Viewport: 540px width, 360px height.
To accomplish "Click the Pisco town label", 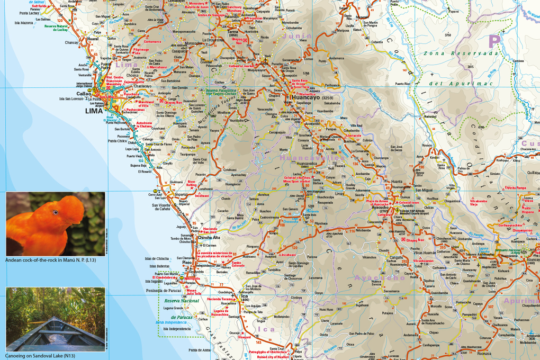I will [186, 262].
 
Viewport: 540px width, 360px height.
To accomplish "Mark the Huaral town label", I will [93, 39].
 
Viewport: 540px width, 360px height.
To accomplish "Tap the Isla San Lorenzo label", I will [71, 99].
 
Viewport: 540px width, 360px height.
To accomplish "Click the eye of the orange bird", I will [56, 212].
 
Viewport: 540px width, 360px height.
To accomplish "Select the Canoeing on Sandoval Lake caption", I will [40, 356].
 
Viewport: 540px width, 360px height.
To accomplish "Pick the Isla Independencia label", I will [177, 329].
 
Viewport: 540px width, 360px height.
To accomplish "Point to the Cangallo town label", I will [397, 258].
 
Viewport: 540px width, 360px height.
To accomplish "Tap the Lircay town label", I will [340, 194].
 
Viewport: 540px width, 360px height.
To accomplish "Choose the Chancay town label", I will [71, 42].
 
